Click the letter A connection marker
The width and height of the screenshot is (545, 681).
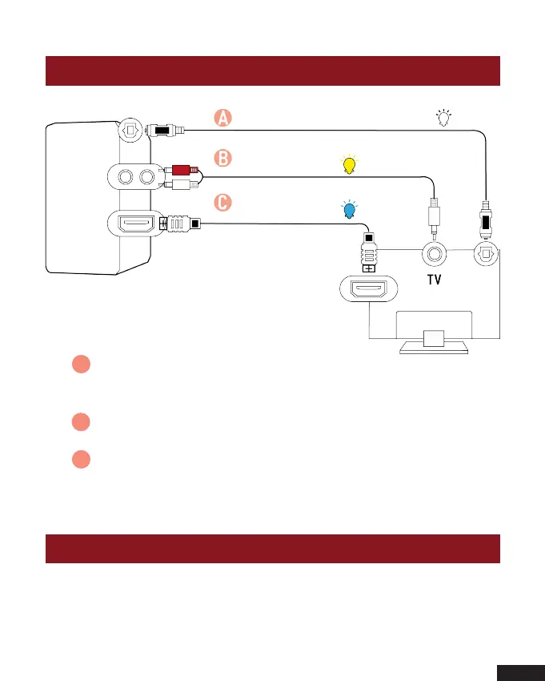[223, 118]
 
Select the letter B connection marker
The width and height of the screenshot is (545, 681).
[223, 158]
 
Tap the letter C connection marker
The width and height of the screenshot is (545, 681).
[223, 203]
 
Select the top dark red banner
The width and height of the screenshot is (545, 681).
[272, 71]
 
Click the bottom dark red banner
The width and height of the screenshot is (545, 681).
[272, 549]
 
